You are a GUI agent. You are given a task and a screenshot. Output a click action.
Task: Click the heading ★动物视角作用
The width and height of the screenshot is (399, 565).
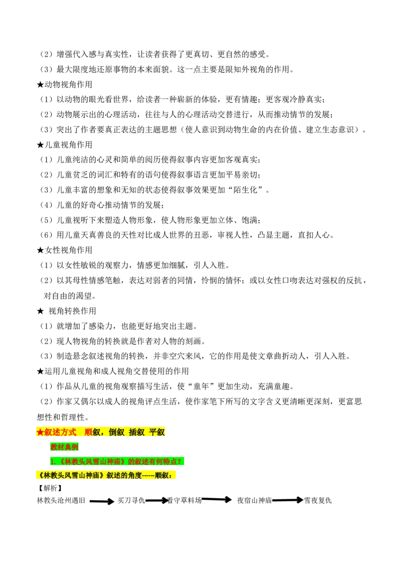64,84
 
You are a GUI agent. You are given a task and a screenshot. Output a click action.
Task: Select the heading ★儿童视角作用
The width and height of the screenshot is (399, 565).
64,144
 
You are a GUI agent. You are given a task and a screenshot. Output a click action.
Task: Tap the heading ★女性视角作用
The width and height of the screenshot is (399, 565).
64,250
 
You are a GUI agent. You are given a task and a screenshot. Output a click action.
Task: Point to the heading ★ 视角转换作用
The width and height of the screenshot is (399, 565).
67,310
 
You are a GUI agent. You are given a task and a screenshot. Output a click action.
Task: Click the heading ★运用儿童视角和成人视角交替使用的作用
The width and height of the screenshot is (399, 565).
113,371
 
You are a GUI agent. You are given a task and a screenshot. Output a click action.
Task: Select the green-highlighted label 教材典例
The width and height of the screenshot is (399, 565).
64,447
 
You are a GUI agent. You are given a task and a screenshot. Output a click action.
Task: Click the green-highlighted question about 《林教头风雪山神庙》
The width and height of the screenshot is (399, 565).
117,461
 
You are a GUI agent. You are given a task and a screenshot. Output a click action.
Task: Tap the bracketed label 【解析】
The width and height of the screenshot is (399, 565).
50,488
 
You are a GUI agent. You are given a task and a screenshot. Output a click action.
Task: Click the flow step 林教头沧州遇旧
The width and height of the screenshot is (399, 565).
61,500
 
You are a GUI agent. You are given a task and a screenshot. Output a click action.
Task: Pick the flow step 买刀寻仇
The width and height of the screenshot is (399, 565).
131,500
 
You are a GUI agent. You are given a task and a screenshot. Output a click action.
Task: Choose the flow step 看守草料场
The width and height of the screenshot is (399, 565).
184,500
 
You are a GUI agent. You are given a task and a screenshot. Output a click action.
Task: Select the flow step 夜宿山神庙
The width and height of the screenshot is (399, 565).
254,500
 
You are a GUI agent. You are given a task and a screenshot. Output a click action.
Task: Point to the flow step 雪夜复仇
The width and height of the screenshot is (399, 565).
318,500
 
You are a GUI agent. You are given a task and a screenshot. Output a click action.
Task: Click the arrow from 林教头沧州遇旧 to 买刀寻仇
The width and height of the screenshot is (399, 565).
102,501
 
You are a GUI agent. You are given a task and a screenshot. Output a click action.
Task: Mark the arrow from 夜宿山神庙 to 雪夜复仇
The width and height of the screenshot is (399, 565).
288,500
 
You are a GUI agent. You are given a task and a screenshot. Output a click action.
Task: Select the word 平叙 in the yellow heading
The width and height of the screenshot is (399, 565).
157,432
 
